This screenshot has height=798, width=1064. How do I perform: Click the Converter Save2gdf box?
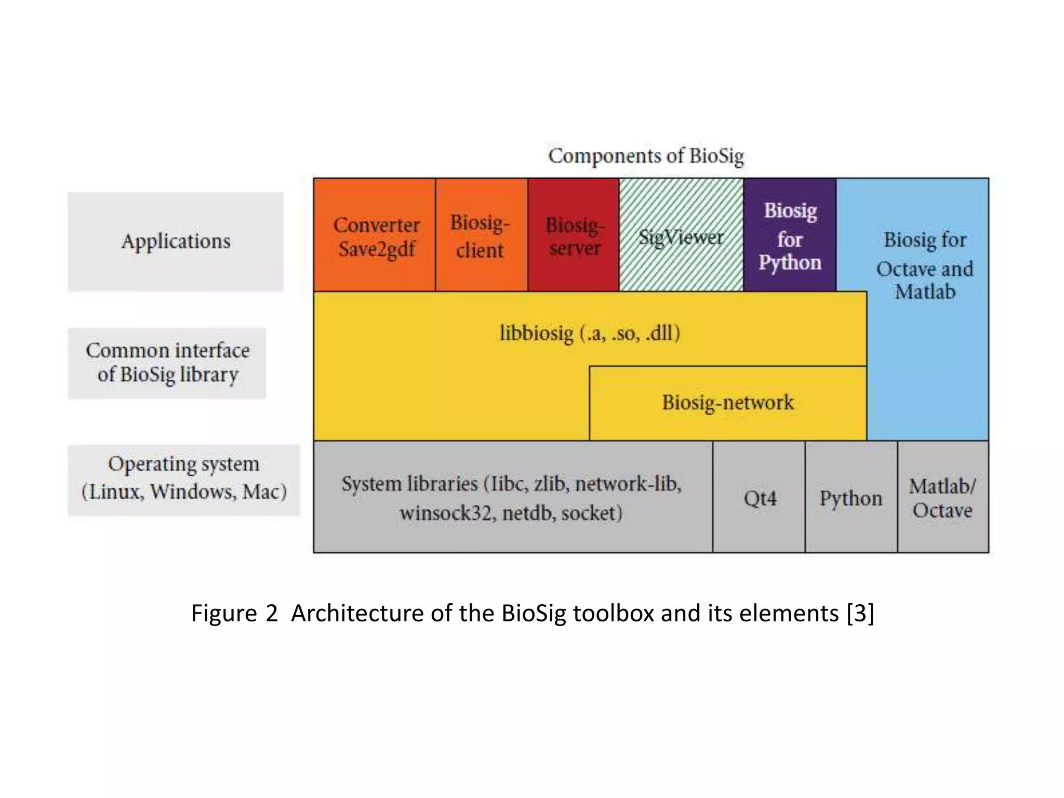[x=375, y=236]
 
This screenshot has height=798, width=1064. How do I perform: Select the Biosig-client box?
[x=481, y=236]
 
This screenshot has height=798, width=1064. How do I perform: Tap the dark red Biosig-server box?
[x=574, y=236]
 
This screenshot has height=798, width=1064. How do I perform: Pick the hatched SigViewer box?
[x=681, y=237]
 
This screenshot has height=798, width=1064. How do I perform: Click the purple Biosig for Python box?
[x=790, y=236]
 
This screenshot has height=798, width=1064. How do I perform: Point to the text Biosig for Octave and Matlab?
[x=925, y=265]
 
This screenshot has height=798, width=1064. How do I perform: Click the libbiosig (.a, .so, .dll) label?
[x=590, y=332]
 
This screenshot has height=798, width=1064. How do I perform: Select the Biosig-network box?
[x=727, y=403]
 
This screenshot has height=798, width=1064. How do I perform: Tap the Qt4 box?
[x=760, y=498]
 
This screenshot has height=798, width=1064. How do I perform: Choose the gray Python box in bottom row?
[x=851, y=498]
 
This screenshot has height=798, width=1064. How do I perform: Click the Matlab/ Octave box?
[x=942, y=498]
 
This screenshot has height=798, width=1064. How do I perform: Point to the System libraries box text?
[x=512, y=498]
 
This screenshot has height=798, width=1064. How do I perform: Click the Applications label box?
[x=176, y=242]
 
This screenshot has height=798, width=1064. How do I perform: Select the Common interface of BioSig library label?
[x=167, y=363]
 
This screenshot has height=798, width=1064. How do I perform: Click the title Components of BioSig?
[x=646, y=156]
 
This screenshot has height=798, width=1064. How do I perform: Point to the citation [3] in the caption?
[x=860, y=613]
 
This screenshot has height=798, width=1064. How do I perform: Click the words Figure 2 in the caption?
[x=234, y=613]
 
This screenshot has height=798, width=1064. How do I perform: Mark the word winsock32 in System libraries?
[x=446, y=513]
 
